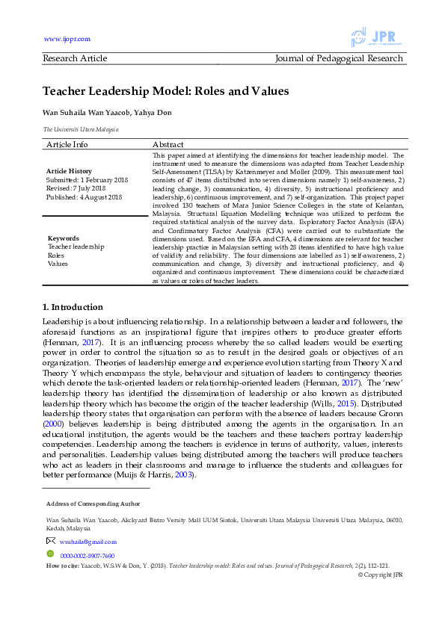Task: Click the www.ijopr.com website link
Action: pyautogui.click(x=67, y=39)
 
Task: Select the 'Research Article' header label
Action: pyautogui.click(x=75, y=58)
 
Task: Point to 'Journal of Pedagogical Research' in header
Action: pyautogui.click(x=339, y=58)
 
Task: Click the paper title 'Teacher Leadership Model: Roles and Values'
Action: pyautogui.click(x=165, y=92)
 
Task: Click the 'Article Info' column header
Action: pyautogui.click(x=67, y=144)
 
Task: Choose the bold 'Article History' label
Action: pyautogui.click(x=70, y=171)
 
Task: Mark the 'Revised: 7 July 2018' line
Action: pyautogui.click(x=77, y=188)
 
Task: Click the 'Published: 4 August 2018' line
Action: pyautogui.click(x=84, y=196)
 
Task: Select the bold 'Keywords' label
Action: pyautogui.click(x=63, y=238)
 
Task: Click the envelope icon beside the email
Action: pyautogui.click(x=51, y=541)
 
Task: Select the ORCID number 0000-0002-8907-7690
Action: pyautogui.click(x=88, y=556)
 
